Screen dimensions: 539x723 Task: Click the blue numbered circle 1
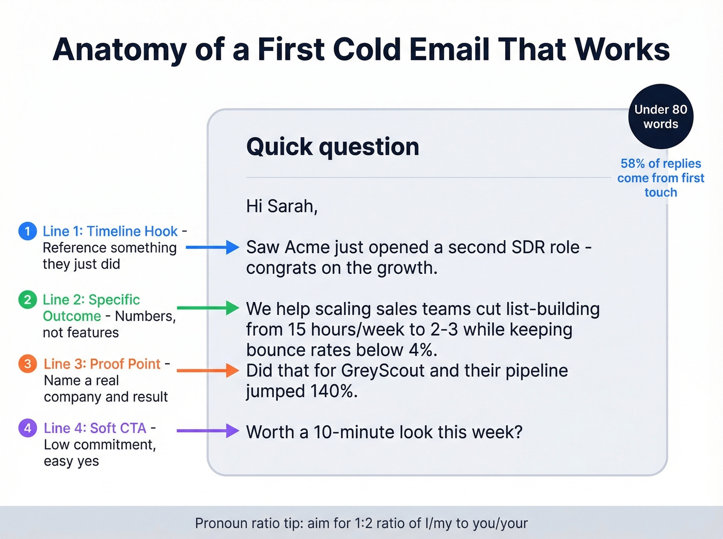click(27, 231)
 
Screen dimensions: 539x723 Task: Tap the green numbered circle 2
click(27, 300)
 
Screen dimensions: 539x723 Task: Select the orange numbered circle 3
click(27, 364)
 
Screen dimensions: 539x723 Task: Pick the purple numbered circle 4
click(27, 428)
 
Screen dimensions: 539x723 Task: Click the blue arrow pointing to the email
click(212, 248)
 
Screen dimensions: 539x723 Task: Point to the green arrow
click(208, 308)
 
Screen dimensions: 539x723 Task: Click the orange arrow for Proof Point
click(208, 370)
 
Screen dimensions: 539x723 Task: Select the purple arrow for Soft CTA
click(208, 431)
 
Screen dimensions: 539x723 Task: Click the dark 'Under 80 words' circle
click(661, 117)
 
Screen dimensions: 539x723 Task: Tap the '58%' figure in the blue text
click(633, 164)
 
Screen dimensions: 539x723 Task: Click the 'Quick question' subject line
click(333, 147)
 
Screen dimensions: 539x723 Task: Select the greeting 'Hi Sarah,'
click(281, 206)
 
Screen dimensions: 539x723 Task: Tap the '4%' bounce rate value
click(422, 350)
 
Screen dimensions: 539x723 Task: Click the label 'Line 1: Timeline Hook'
click(110, 231)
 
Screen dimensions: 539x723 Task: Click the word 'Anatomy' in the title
click(119, 50)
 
